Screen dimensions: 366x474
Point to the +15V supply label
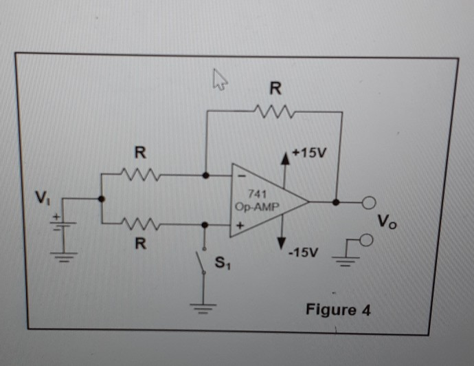[x=308, y=151]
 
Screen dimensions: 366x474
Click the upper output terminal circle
[x=370, y=203]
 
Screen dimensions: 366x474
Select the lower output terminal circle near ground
[x=368, y=239]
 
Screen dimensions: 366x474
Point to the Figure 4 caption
[x=338, y=309]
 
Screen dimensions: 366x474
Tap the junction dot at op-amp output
[x=336, y=203]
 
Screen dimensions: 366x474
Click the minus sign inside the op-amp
[x=241, y=180]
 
